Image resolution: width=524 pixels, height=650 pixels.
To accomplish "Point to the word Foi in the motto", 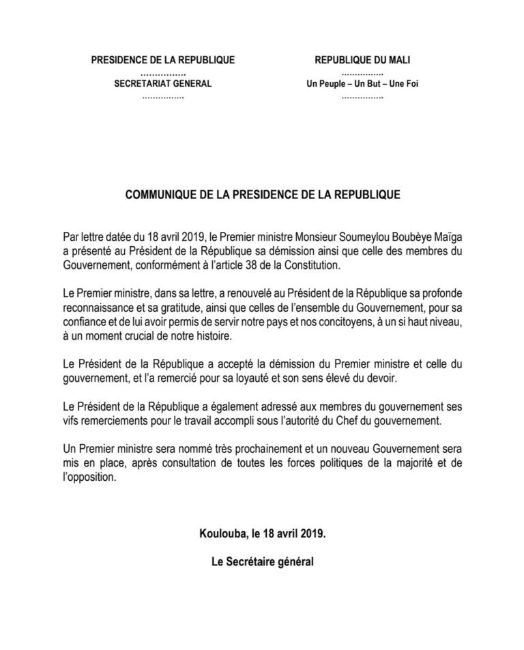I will click(392, 85).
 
